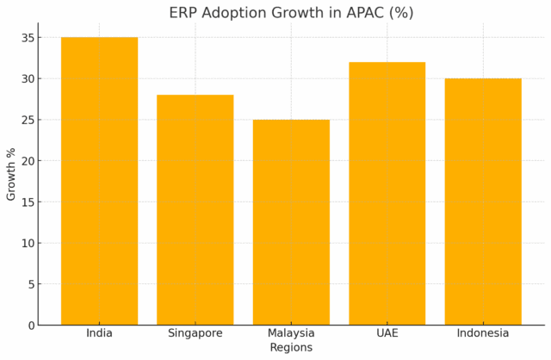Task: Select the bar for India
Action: coord(99,181)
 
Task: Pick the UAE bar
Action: coord(387,193)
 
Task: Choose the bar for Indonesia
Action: coord(483,202)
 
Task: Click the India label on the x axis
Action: coord(99,333)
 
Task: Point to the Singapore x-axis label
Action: coord(195,333)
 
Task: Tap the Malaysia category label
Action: coord(291,333)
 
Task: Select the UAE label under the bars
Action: coord(387,333)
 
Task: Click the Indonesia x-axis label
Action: coord(483,333)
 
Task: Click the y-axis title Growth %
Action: coord(11,174)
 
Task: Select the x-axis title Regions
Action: coord(291,348)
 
